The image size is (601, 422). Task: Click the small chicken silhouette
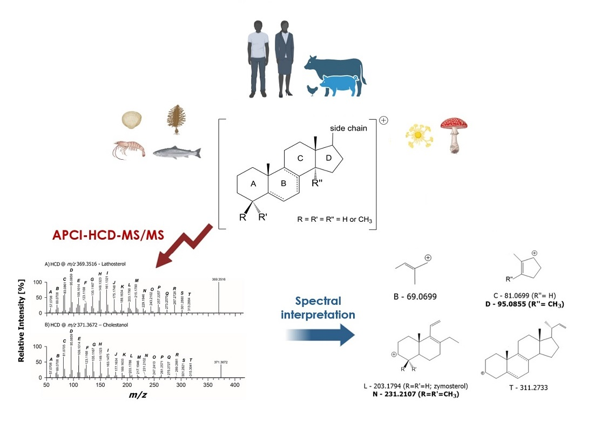click(312, 90)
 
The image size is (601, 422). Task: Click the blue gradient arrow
click(321, 335)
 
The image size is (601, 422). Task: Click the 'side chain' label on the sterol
click(348, 128)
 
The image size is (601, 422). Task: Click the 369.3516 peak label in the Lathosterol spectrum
click(218, 279)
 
